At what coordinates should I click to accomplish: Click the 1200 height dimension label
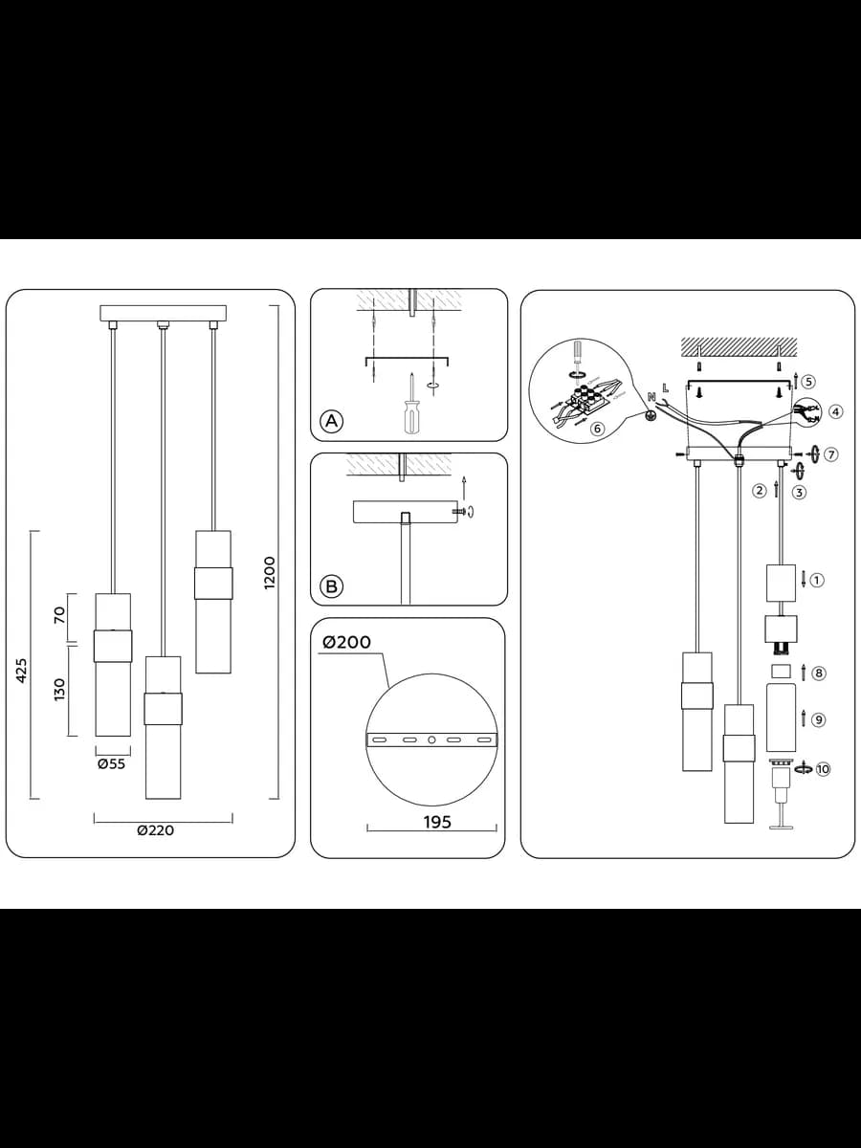pyautogui.click(x=269, y=573)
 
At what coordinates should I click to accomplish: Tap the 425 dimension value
pyautogui.click(x=22, y=671)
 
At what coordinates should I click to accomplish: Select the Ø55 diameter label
pyautogui.click(x=112, y=764)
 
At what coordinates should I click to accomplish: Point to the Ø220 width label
pyautogui.click(x=156, y=830)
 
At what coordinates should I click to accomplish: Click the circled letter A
pyautogui.click(x=331, y=421)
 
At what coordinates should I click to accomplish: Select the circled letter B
pyautogui.click(x=331, y=585)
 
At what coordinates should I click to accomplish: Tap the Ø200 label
pyautogui.click(x=346, y=642)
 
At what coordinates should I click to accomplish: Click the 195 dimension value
pyautogui.click(x=437, y=822)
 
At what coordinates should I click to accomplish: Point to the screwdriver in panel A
pyautogui.click(x=412, y=402)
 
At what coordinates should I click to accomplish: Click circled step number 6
pyautogui.click(x=597, y=429)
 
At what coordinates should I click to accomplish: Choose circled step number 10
pyautogui.click(x=823, y=769)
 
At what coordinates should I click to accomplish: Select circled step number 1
pyautogui.click(x=817, y=580)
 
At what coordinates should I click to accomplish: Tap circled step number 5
pyautogui.click(x=808, y=382)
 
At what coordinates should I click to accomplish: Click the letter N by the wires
pyautogui.click(x=651, y=397)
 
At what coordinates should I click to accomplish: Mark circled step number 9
pyautogui.click(x=819, y=719)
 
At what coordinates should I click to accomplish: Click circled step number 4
pyautogui.click(x=835, y=411)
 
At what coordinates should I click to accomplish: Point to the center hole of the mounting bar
pyautogui.click(x=431, y=740)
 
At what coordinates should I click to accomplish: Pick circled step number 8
pyautogui.click(x=819, y=673)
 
